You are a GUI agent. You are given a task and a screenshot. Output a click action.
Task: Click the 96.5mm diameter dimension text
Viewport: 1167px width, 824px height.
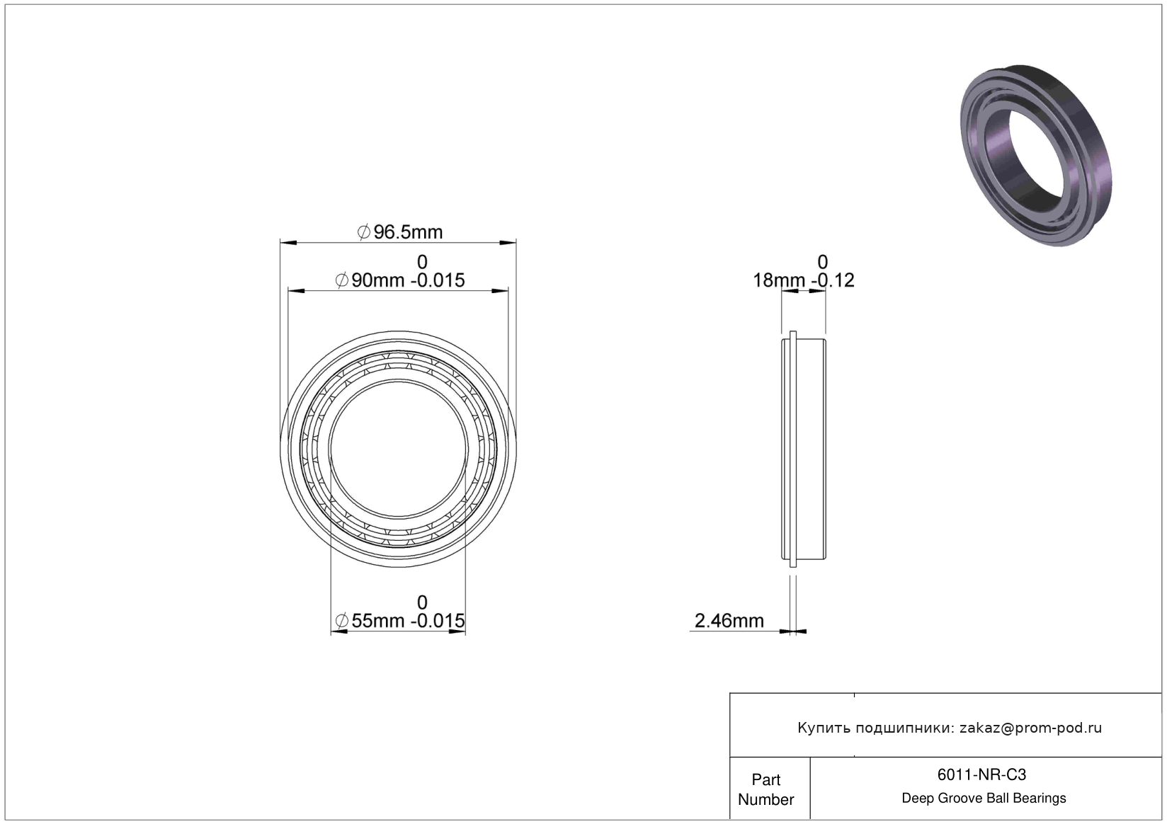click(399, 231)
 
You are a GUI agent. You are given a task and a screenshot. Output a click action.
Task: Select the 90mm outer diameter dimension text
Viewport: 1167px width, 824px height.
click(399, 280)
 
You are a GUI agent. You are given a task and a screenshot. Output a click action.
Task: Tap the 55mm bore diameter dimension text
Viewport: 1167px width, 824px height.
click(399, 621)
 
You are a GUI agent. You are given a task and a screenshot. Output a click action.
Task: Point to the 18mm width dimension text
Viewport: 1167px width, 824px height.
click(803, 280)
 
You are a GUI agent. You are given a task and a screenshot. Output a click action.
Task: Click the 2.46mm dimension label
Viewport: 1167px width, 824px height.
click(729, 621)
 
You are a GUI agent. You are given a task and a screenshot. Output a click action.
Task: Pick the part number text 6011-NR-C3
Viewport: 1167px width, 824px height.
click(981, 774)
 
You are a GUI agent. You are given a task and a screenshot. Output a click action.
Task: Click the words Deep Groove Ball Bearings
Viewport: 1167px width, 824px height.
click(984, 798)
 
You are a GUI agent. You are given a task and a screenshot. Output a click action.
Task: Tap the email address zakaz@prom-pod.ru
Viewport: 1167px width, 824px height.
click(1030, 728)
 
